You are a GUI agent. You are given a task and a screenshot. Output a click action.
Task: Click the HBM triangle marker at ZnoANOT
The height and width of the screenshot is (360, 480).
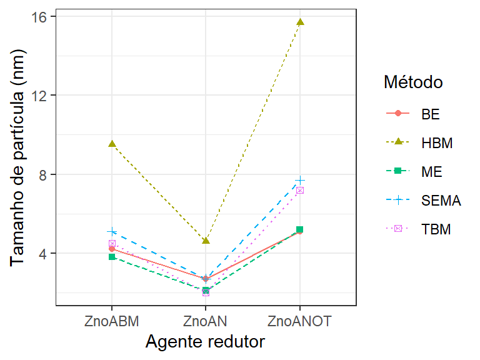[300, 22]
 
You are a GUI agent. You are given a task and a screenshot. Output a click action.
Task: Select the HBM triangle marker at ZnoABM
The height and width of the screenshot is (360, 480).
[112, 144]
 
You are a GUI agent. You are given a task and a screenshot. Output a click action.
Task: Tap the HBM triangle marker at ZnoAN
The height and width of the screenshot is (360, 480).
[206, 241]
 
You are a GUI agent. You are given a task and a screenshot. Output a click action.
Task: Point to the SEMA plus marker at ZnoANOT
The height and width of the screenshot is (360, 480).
[300, 180]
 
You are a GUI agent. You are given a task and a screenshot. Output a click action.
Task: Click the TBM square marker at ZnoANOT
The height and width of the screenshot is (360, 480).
[300, 190]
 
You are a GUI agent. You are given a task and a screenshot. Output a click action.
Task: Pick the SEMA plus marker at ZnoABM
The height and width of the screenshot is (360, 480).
[112, 231]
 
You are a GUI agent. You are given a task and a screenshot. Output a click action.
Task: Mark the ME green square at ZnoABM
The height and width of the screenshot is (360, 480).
[112, 257]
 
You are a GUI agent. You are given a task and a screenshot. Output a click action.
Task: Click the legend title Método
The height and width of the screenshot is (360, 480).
[413, 82]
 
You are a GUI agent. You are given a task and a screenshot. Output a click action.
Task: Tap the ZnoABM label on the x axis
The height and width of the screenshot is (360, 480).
[112, 321]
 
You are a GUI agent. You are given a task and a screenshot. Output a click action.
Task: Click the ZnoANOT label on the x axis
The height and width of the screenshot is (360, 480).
[300, 321]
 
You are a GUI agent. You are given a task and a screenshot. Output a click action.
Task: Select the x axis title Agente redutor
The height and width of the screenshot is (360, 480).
[205, 342]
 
